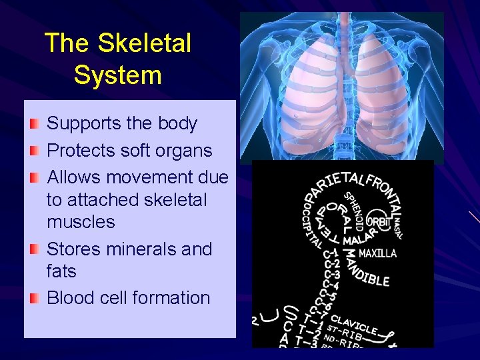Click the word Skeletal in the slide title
click(144, 43)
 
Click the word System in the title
click(117, 74)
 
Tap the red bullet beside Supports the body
click(35, 124)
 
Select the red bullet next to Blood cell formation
click(35, 298)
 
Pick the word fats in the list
click(61, 271)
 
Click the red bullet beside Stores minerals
click(35, 249)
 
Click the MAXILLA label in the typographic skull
click(377, 253)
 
